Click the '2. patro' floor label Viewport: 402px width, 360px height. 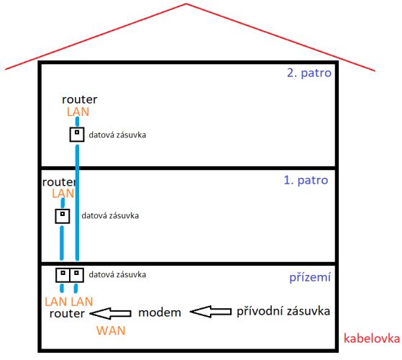(309, 73)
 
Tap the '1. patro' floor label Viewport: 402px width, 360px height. (306, 181)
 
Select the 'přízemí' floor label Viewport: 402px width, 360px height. (310, 277)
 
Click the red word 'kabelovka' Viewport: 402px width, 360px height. (372, 338)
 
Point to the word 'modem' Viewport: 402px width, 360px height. (160, 312)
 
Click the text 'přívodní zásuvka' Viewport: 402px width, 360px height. (283, 312)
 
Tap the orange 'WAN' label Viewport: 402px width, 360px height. (111, 330)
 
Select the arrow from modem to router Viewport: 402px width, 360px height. (111, 313)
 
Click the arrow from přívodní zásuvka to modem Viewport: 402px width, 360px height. (211, 312)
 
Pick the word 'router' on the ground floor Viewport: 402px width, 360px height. (67, 313)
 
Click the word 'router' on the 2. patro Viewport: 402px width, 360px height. (80, 99)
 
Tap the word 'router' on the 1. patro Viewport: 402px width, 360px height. (59, 182)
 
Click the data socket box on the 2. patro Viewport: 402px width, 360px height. (77, 135)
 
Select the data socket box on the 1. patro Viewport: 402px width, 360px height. (63, 216)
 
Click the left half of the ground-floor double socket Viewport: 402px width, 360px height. (63, 275)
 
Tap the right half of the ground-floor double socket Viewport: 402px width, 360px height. (77, 275)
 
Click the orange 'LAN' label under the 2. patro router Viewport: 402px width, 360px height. (78, 112)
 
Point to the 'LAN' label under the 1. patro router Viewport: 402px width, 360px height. (63, 194)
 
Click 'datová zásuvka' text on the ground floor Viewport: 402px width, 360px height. (117, 275)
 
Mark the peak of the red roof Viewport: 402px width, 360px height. (186, 4)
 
